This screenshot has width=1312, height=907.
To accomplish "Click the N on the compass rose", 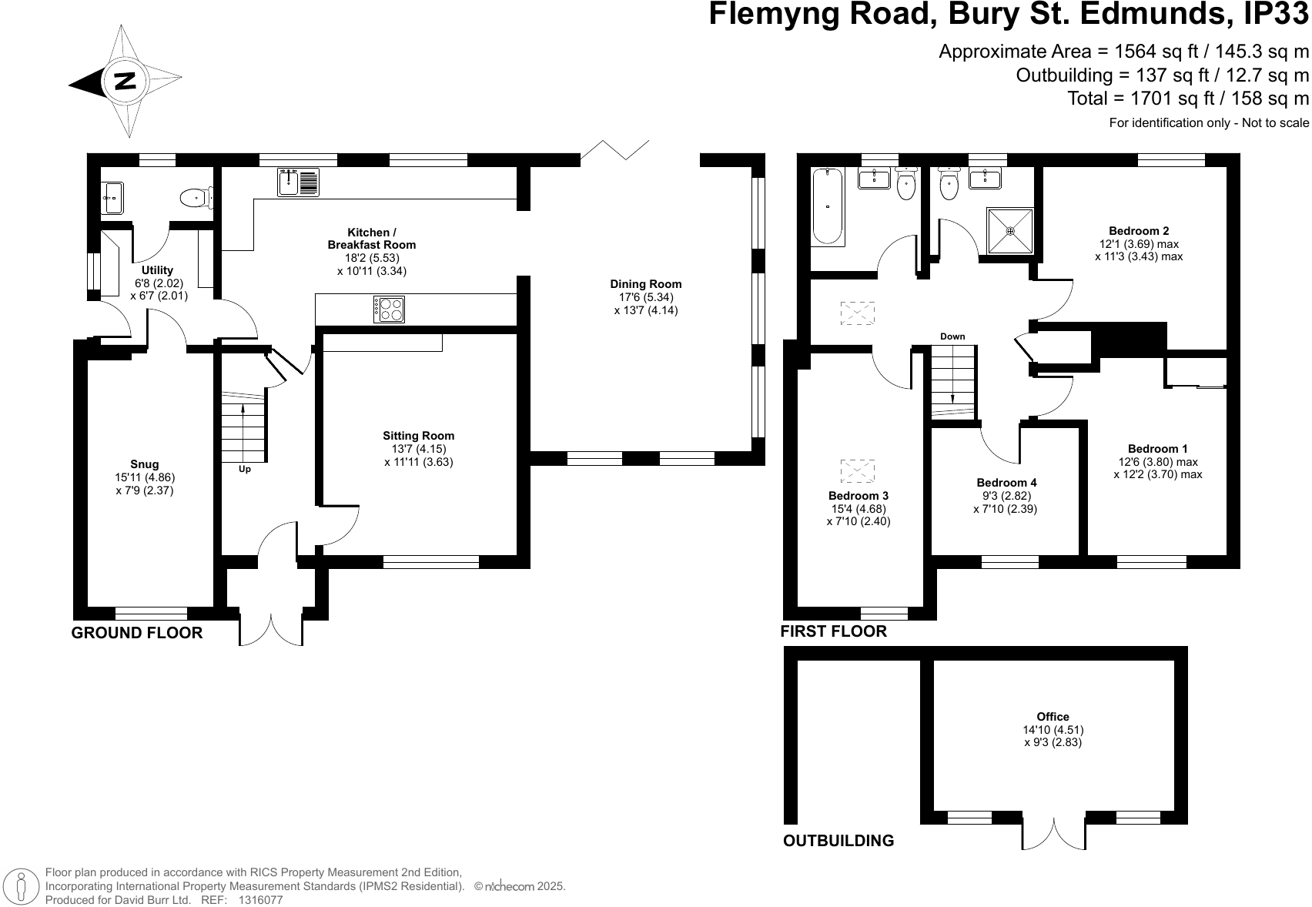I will [125, 81].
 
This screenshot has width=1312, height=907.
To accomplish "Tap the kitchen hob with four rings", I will [390, 310].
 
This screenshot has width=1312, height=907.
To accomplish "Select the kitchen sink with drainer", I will [298, 182].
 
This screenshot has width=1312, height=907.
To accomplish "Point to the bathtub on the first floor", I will [828, 206].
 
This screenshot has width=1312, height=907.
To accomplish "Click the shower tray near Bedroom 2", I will [1010, 229].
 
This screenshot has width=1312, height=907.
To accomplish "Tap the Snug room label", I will [145, 464].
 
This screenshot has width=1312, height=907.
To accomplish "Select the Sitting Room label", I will [418, 436].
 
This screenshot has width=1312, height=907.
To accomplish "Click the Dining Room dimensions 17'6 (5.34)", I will [645, 297].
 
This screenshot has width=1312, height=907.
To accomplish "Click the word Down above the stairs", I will [952, 336].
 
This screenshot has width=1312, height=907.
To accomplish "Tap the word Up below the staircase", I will [245, 469].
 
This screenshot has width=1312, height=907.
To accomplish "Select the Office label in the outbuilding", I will [1053, 717].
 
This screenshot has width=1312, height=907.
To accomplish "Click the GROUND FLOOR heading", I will [137, 633].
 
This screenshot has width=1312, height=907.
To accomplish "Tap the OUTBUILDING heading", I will [838, 841].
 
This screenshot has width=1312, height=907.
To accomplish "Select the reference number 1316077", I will [261, 899].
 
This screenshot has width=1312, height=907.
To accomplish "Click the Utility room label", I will [158, 270].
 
